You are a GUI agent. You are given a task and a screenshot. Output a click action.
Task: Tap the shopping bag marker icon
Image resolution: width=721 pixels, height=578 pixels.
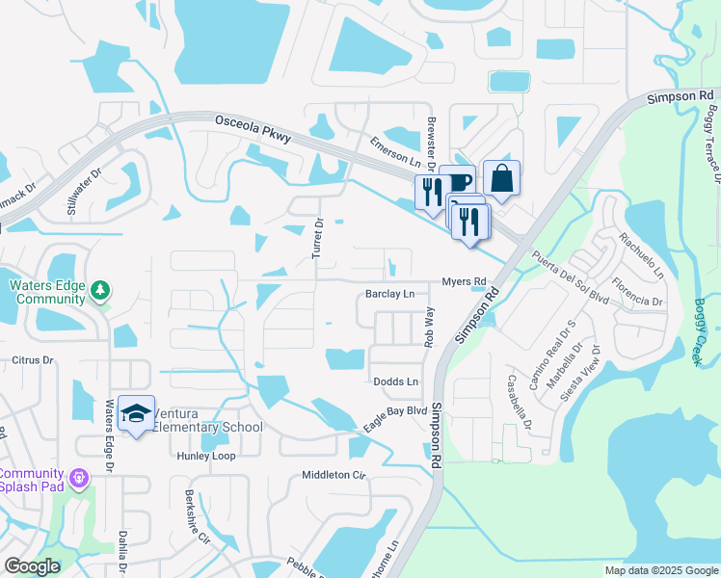click(x=501, y=178)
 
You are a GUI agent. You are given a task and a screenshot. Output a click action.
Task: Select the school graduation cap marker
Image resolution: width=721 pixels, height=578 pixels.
click(x=137, y=413)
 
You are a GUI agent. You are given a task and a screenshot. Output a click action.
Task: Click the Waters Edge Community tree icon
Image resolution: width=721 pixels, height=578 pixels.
click(x=100, y=290)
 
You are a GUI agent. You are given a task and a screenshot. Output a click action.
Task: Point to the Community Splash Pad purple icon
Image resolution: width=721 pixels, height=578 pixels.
click(x=79, y=477)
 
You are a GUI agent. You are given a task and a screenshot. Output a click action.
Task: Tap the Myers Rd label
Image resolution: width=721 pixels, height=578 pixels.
click(x=465, y=281)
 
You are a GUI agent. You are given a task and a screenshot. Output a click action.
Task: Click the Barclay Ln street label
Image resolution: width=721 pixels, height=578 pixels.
click(x=389, y=294)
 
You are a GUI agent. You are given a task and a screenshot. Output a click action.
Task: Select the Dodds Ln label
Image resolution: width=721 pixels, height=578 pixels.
click(x=396, y=382)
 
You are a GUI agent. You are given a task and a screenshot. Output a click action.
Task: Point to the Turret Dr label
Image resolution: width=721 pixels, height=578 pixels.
click(x=318, y=236)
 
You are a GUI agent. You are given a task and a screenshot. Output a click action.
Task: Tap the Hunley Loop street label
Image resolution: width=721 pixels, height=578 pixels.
click(x=206, y=456)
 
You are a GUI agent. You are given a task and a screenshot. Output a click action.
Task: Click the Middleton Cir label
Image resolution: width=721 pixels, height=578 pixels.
click(x=334, y=475)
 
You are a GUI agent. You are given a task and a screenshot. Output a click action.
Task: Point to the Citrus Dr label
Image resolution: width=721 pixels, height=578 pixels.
click(x=30, y=360)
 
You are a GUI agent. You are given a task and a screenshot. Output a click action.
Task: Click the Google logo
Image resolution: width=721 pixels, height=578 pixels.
click(x=32, y=566)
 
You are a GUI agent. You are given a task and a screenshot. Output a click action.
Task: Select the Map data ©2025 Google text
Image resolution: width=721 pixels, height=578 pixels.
click(x=660, y=570)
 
